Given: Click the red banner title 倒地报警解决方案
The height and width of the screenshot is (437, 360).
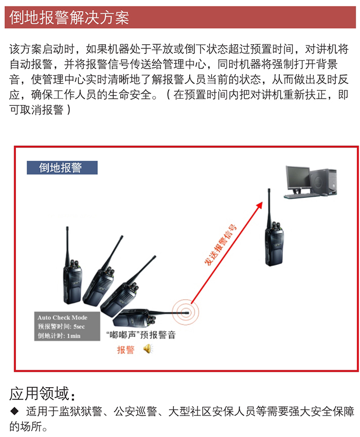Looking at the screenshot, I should click(69, 17).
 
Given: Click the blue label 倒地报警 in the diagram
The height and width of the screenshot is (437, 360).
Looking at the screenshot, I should click(61, 168).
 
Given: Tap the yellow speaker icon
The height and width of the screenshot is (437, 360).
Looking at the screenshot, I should click(148, 349).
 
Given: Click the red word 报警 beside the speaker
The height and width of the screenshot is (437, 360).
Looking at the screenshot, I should click(125, 350).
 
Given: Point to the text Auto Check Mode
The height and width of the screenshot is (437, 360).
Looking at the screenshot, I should click(62, 318).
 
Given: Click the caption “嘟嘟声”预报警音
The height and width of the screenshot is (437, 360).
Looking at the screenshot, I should click(141, 335).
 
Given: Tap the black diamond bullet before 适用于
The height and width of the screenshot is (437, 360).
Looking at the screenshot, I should click(14, 411).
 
